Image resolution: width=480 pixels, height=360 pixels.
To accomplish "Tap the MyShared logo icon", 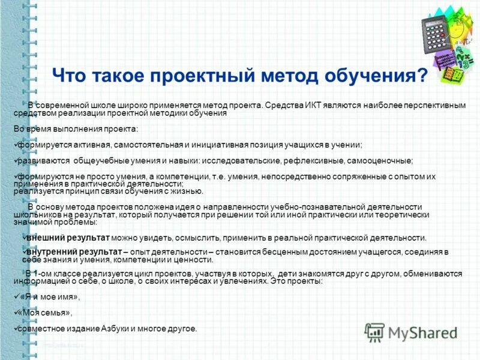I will point(375,332).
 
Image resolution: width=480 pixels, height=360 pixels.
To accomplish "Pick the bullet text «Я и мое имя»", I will point(50,297).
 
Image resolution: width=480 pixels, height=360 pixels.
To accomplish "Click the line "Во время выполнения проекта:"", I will point(75,129).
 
